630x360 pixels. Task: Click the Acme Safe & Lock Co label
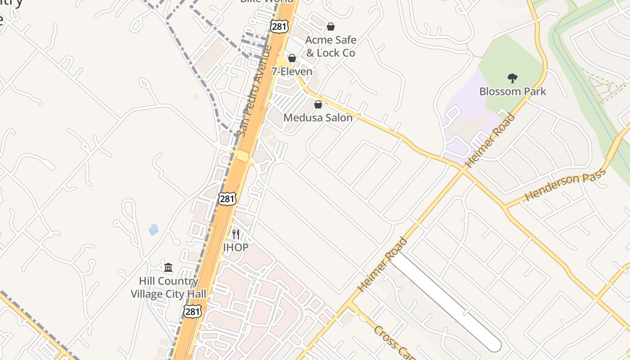[x=331, y=46]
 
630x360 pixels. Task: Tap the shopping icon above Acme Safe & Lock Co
[x=331, y=27]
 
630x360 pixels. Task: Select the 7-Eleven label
[x=292, y=72]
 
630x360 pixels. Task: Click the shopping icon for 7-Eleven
[x=292, y=58]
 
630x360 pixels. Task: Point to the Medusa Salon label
[x=318, y=118]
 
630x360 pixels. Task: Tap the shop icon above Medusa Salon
[x=318, y=104]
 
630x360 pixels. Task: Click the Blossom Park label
[x=513, y=91]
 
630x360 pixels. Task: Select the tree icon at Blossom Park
[x=512, y=78]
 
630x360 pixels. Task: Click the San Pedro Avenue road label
[x=255, y=90]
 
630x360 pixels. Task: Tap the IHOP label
[x=236, y=247]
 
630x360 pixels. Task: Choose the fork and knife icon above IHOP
[x=236, y=234]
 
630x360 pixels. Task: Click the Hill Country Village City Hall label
[x=168, y=288]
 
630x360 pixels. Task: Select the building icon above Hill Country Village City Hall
[x=168, y=268]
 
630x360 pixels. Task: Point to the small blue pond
[x=153, y=230]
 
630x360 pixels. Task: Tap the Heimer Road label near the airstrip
[x=383, y=265]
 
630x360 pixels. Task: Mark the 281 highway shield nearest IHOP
[x=227, y=198]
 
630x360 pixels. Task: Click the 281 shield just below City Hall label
[x=192, y=311]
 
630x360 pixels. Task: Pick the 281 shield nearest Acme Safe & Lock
[x=279, y=26]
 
